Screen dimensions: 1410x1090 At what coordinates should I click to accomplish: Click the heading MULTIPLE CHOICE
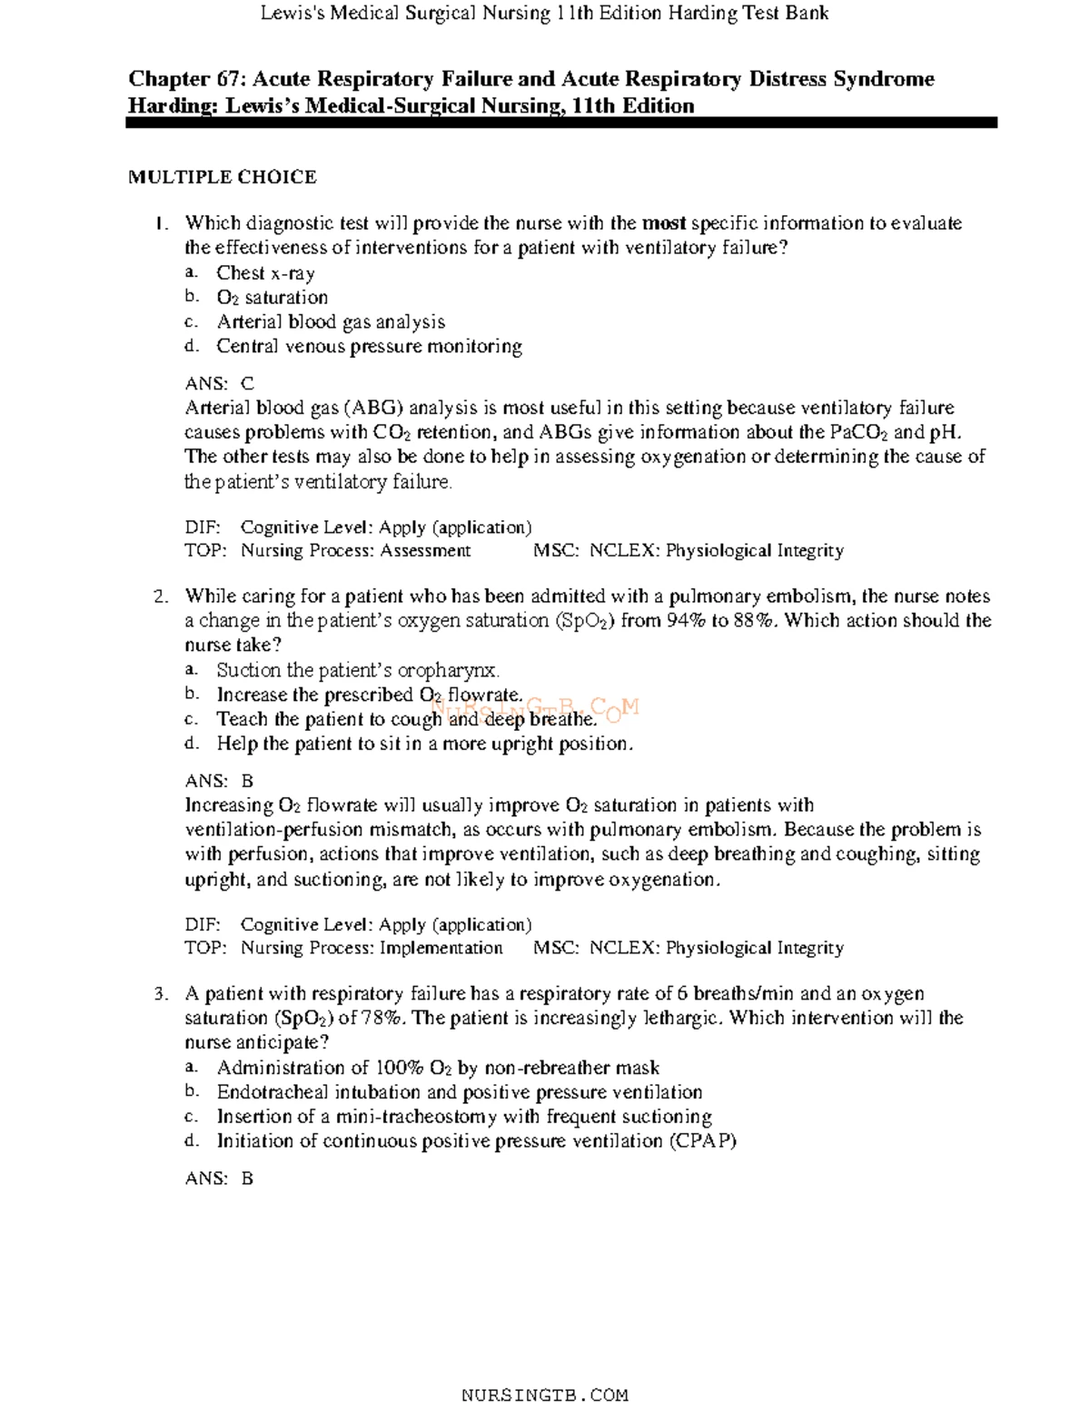pyautogui.click(x=222, y=177)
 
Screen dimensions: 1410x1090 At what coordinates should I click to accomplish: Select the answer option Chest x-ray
pyautogui.click(x=265, y=272)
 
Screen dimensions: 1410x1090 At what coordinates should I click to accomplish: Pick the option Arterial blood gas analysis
pyautogui.click(x=331, y=321)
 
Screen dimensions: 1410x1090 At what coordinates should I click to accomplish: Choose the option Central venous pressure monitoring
pyautogui.click(x=369, y=346)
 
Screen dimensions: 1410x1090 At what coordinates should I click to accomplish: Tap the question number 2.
pyautogui.click(x=161, y=597)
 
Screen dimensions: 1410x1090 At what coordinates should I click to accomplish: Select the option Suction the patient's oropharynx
pyautogui.click(x=358, y=670)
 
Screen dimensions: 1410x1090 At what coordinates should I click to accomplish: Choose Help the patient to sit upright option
pyautogui.click(x=424, y=744)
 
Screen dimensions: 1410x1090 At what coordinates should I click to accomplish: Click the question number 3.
pyautogui.click(x=161, y=994)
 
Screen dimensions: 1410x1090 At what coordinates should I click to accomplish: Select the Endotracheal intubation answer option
pyautogui.click(x=459, y=1092)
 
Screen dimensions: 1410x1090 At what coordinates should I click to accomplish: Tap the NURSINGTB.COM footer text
pyautogui.click(x=544, y=1395)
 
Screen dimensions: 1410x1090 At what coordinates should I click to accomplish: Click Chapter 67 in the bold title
pyautogui.click(x=185, y=79)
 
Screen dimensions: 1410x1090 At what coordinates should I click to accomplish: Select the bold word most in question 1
pyautogui.click(x=664, y=223)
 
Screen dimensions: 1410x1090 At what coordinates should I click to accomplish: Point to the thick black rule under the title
pyautogui.click(x=561, y=123)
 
